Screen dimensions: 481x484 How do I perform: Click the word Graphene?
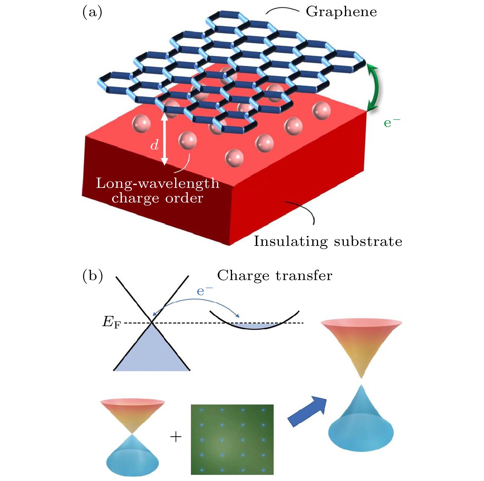(341, 12)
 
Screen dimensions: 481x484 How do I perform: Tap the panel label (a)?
(92, 12)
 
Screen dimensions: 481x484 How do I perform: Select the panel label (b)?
(93, 276)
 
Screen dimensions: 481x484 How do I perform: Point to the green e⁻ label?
(392, 123)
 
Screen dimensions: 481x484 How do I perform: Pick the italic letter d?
(154, 145)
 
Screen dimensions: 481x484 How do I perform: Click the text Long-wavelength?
(157, 183)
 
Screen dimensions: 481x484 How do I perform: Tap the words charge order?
(157, 198)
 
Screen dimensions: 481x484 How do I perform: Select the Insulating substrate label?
(328, 241)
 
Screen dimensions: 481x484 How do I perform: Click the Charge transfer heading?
(275, 275)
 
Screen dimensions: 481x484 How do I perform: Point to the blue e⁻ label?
(204, 291)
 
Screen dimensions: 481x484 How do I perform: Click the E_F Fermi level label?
(111, 322)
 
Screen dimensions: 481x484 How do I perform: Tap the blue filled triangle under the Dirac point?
(152, 353)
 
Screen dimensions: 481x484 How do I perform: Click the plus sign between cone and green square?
(176, 436)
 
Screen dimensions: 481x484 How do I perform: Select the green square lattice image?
(232, 439)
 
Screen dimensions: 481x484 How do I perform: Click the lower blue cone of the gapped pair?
(361, 423)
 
